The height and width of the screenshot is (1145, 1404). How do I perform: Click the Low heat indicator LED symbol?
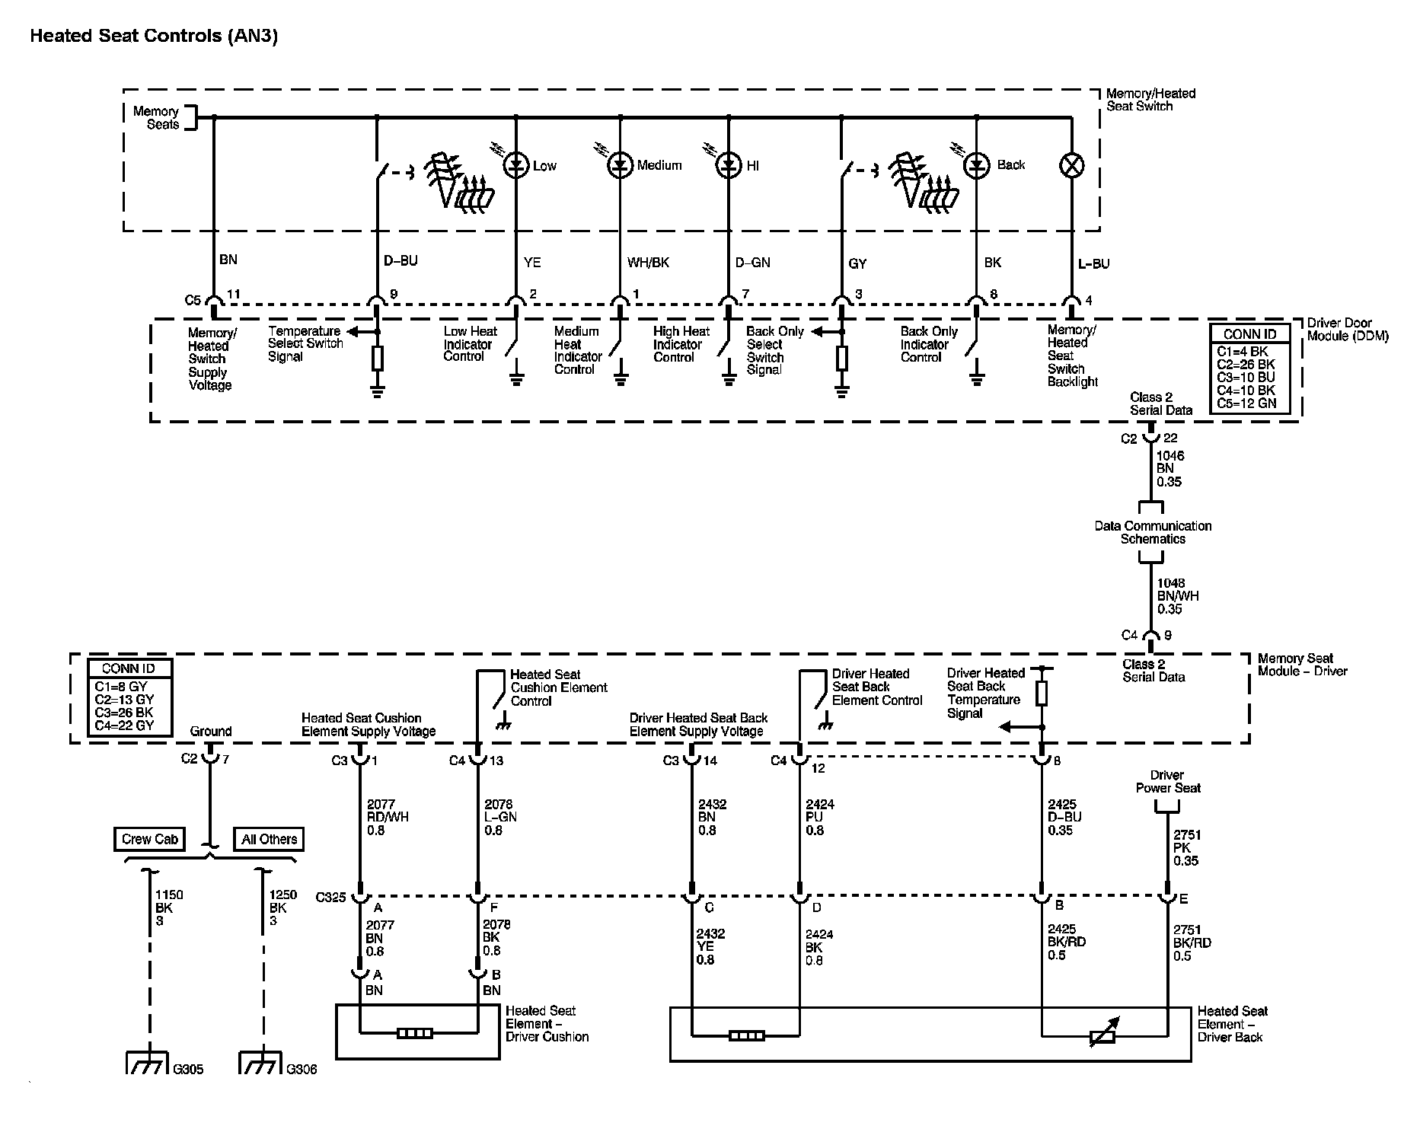pyautogui.click(x=516, y=165)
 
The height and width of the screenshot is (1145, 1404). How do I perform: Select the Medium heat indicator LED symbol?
pyautogui.click(x=621, y=165)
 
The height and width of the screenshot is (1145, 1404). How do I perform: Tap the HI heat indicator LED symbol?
pyautogui.click(x=729, y=165)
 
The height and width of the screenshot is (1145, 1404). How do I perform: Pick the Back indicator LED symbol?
pyautogui.click(x=976, y=165)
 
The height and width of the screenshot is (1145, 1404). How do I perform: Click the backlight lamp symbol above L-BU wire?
pyautogui.click(x=1071, y=165)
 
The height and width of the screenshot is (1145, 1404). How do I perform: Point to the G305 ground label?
pyautogui.click(x=188, y=1069)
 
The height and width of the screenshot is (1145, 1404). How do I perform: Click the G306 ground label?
pyautogui.click(x=302, y=1069)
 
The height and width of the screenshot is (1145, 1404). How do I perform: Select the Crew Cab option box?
pyautogui.click(x=149, y=839)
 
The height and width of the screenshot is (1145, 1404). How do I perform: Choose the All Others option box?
pyautogui.click(x=269, y=839)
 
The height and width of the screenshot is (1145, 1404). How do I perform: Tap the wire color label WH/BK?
pyautogui.click(x=648, y=263)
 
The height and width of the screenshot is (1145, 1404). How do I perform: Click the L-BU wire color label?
pyautogui.click(x=1093, y=264)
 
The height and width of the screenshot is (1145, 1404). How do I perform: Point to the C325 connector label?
pyautogui.click(x=330, y=898)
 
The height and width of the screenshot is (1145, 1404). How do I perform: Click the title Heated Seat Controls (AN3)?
pyautogui.click(x=154, y=36)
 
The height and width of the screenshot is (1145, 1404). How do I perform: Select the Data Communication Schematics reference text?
pyautogui.click(x=1152, y=532)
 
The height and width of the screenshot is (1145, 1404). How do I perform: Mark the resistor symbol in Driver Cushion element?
pyautogui.click(x=415, y=1033)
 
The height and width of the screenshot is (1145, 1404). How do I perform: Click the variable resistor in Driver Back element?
pyautogui.click(x=1102, y=1035)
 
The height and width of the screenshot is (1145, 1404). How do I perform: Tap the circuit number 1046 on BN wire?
pyautogui.click(x=1170, y=456)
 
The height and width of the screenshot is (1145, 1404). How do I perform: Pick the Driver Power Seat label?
pyautogui.click(x=1167, y=782)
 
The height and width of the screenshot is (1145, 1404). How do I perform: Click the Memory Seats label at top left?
pyautogui.click(x=156, y=118)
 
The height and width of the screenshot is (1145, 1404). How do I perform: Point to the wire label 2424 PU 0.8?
pyautogui.click(x=815, y=817)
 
